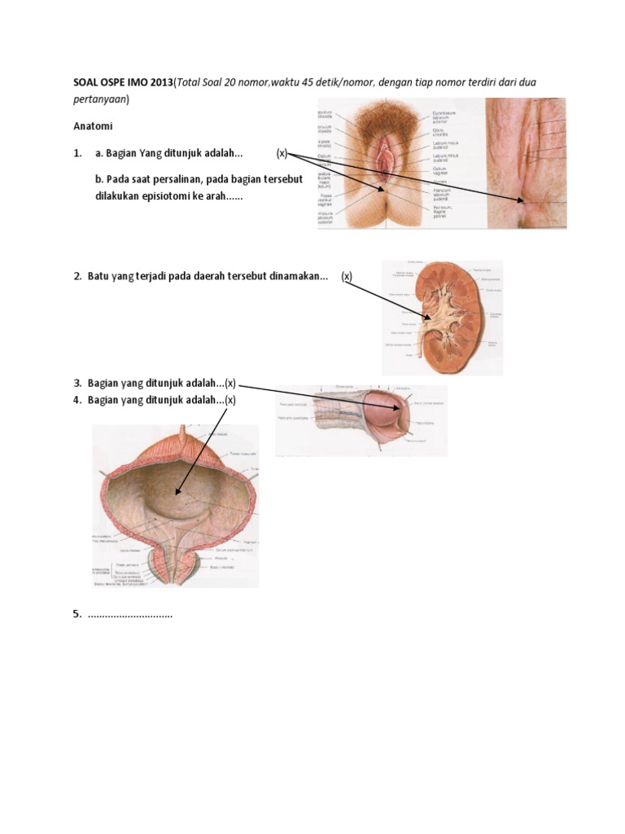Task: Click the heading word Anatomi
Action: click(x=94, y=127)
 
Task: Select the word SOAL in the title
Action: click(x=88, y=84)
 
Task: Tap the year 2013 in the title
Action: click(x=160, y=84)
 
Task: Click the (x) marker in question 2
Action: click(x=347, y=276)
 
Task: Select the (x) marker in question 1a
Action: click(x=282, y=153)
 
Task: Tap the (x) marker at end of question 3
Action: click(x=231, y=383)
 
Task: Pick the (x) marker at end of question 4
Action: click(x=231, y=399)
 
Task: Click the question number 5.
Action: click(x=77, y=614)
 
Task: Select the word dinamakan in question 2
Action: click(x=299, y=276)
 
